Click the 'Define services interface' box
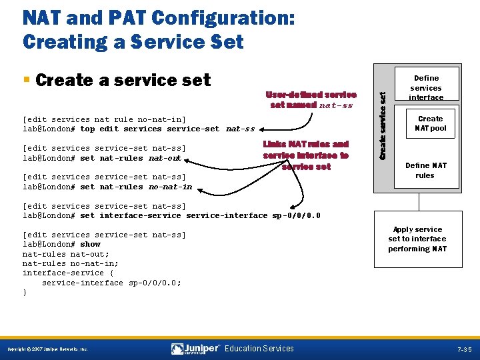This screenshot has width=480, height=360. tap(425, 87)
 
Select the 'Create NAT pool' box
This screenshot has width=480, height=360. tap(430, 123)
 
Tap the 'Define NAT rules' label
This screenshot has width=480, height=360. tap(425, 171)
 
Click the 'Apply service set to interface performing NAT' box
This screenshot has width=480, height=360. tap(417, 239)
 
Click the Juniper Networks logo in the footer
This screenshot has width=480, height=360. tap(195, 349)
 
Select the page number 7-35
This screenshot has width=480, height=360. tap(464, 349)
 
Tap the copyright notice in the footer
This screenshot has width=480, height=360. tap(47, 349)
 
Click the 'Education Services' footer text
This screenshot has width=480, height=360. tap(259, 349)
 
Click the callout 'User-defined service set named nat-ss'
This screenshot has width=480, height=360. tap(311, 99)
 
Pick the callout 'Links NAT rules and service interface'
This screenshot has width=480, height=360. tap(306, 155)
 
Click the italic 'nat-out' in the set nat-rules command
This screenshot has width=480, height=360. tap(165, 158)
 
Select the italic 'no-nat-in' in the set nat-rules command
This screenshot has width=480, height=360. tap(170, 187)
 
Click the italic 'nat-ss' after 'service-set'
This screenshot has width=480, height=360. tap(241, 129)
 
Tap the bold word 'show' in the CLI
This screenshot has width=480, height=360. tap(90, 244)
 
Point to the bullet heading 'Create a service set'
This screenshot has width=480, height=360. tap(123, 80)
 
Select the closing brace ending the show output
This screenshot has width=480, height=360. tap(25, 292)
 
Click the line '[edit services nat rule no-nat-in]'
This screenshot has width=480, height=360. tap(104, 119)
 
